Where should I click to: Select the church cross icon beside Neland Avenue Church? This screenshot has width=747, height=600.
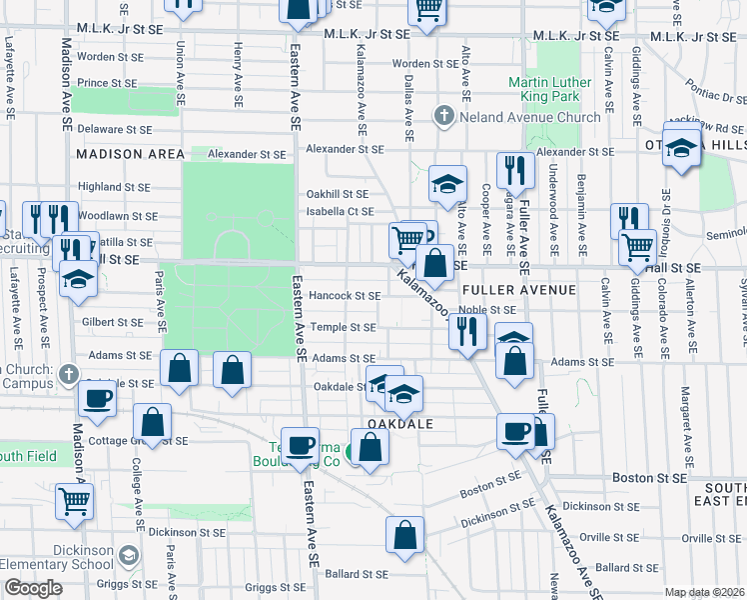click(x=444, y=117)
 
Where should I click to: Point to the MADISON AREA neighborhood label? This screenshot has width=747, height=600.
click(x=130, y=154)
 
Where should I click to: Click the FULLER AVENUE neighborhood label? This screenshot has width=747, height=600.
click(x=519, y=289)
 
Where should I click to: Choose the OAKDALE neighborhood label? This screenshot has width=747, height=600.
click(x=400, y=424)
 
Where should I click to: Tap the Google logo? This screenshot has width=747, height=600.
click(x=33, y=588)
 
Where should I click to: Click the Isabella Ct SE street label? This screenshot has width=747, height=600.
click(x=340, y=211)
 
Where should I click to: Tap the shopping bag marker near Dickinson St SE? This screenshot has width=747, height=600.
click(x=405, y=534)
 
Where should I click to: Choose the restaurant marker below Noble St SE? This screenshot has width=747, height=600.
click(x=466, y=330)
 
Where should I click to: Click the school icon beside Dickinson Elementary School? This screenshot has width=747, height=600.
click(x=129, y=554)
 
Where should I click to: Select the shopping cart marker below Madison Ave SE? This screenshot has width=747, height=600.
click(x=74, y=500)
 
